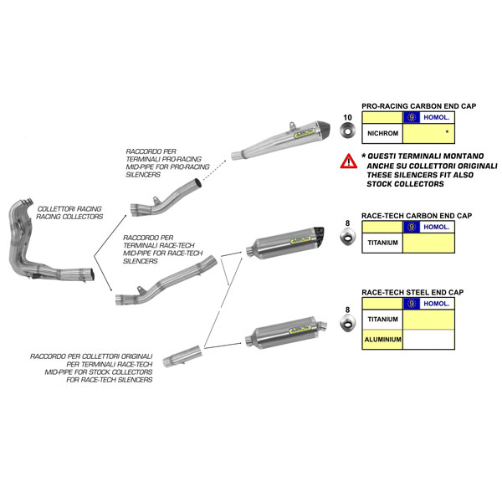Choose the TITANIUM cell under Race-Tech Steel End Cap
pyautogui.click(x=382, y=320)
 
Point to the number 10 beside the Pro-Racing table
pyautogui.click(x=348, y=117)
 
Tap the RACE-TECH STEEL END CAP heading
pyautogui.click(x=412, y=292)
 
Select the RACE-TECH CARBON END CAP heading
pyautogui.click(x=416, y=216)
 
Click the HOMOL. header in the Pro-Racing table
pyautogui.click(x=428, y=118)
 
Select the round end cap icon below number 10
pyautogui.click(x=348, y=134)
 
